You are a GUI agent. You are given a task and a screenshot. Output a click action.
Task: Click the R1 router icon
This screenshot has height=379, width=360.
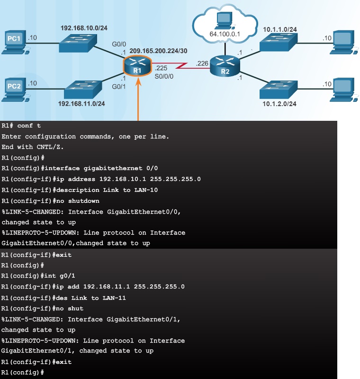137,65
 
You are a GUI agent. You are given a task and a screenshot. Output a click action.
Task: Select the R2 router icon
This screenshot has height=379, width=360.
225,65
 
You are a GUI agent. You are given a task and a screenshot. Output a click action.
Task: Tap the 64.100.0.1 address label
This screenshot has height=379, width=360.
225,34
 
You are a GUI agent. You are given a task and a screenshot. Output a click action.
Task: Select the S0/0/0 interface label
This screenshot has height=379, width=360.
164,76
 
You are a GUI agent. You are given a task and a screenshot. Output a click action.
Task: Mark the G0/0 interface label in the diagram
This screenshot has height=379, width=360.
117,45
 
